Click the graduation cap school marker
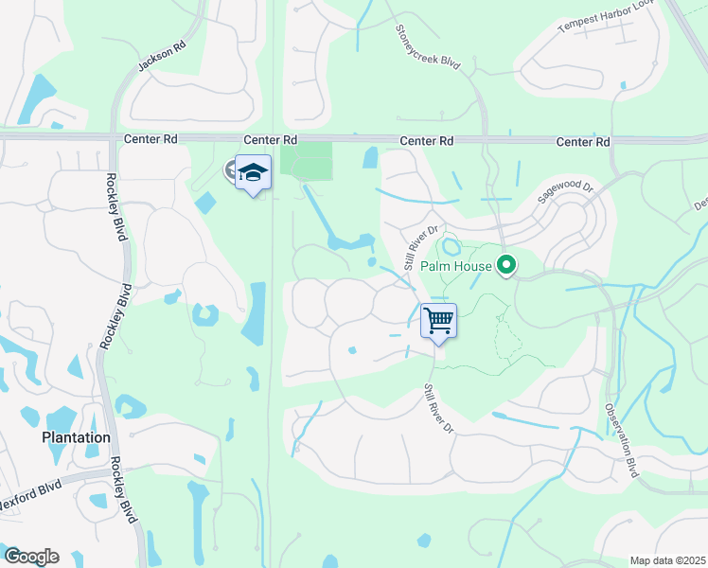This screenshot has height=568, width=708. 253,172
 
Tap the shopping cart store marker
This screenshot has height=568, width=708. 438,321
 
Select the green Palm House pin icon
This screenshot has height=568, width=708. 506,266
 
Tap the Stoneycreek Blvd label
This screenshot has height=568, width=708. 427,46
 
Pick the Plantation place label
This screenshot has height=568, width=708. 76,438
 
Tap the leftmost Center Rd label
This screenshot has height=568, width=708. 150,138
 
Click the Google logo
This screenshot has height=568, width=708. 31,557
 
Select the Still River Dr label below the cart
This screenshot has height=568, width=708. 439,408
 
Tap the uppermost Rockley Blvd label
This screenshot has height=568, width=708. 116,208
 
